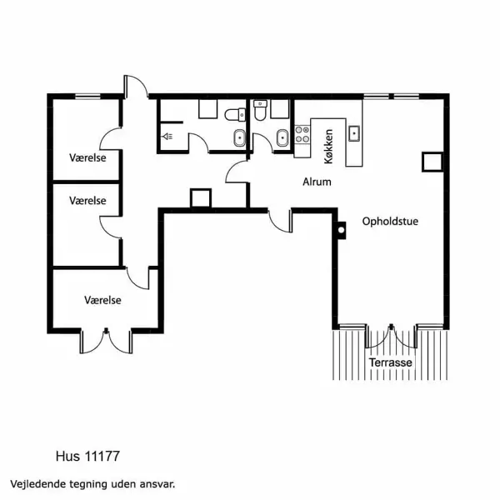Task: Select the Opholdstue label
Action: click(390, 222)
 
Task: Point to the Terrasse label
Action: click(392, 364)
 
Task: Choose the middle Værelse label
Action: click(87, 201)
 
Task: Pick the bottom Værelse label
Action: click(103, 299)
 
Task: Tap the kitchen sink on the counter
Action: click(354, 132)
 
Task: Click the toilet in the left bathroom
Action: click(234, 115)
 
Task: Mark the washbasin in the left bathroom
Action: click(239, 138)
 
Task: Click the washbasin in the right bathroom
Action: click(281, 137)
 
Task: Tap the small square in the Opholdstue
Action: click(431, 161)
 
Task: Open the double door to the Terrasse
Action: click(392, 335)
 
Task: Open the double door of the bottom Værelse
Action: click(107, 340)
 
